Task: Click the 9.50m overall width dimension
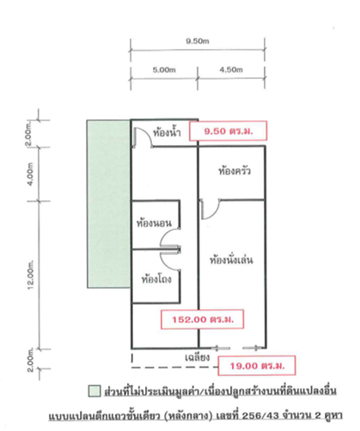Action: tap(198, 41)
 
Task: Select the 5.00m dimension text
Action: tap(164, 70)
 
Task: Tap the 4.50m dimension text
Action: tap(231, 70)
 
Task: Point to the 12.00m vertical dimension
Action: tap(31, 275)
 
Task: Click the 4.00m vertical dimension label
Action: tap(31, 174)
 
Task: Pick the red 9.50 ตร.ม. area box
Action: tap(228, 131)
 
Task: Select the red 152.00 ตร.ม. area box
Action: tap(202, 319)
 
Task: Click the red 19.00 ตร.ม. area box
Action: tap(257, 366)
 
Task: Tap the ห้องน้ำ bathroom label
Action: tap(167, 132)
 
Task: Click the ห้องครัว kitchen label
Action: tap(235, 171)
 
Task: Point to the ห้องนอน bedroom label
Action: tap(154, 223)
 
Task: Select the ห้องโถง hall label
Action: tap(156, 278)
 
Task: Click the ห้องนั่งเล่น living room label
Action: tap(231, 260)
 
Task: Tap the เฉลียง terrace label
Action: tap(198, 357)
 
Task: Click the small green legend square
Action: tap(95, 391)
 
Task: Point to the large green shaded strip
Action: tap(109, 203)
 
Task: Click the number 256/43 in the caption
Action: tap(260, 415)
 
